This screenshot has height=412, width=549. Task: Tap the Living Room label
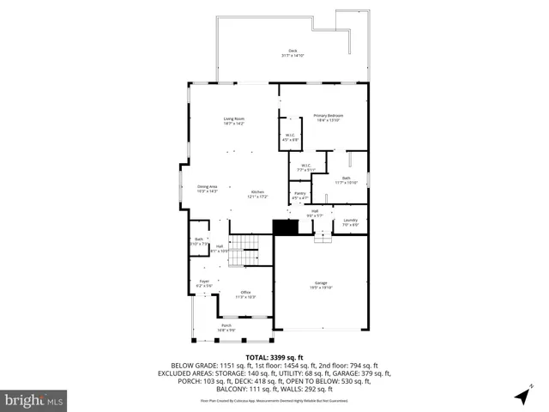tap(234, 121)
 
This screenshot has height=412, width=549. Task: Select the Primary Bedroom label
tap(328, 118)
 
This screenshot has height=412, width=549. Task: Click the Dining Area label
tap(208, 189)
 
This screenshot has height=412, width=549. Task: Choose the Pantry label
tap(299, 196)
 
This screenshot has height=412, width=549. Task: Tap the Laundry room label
tap(350, 222)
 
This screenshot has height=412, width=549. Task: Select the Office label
tap(245, 294)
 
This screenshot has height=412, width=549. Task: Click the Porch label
tap(226, 327)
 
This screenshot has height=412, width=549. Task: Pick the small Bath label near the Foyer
tap(199, 241)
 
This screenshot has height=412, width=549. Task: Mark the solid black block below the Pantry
tap(285, 227)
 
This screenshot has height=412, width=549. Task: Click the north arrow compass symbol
tap(521, 396)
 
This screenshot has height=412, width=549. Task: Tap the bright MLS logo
tap(33, 400)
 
